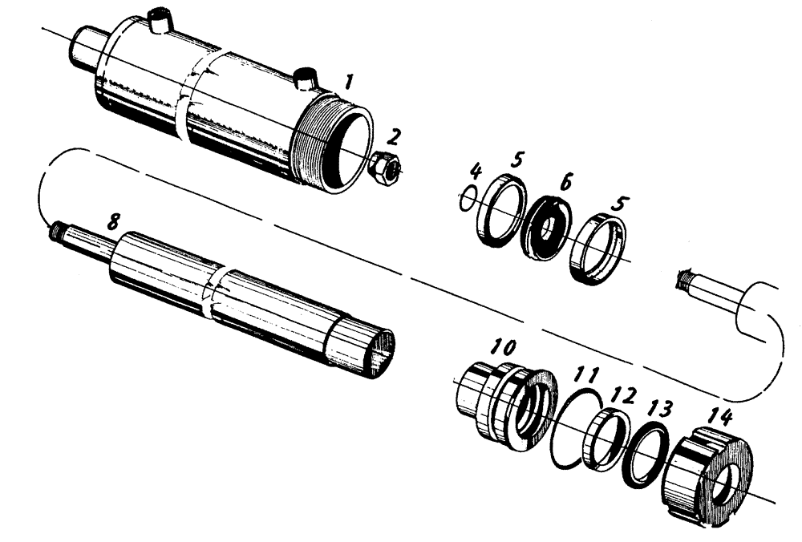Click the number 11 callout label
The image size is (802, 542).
click(x=589, y=374)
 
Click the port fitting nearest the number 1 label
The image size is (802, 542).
click(x=306, y=79)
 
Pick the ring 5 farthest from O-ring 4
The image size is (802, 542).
click(x=601, y=249)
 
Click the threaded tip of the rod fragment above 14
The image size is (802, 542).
click(x=684, y=281)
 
